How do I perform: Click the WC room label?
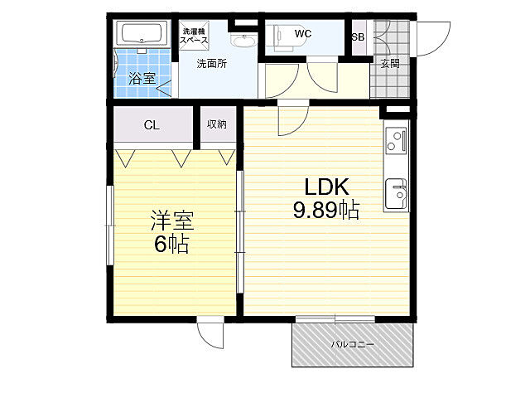click(x=302, y=34)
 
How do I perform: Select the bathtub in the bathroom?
click(x=142, y=34)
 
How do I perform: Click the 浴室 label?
click(x=142, y=79)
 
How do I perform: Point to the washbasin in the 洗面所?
click(x=243, y=41)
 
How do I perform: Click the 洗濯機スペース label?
click(x=194, y=36)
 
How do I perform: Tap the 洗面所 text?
click(x=212, y=63)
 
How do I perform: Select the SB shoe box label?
click(x=359, y=36)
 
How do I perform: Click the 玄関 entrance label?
click(x=390, y=63)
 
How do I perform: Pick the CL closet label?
click(x=152, y=125)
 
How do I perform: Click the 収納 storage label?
click(x=217, y=124)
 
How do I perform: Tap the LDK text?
click(x=326, y=187)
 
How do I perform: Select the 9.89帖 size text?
click(x=325, y=210)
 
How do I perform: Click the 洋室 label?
click(x=172, y=220)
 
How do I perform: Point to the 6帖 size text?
click(x=171, y=244)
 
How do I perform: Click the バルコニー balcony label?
click(x=352, y=345)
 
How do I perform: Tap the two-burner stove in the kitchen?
click(x=396, y=140)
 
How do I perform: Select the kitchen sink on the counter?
click(x=396, y=193)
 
